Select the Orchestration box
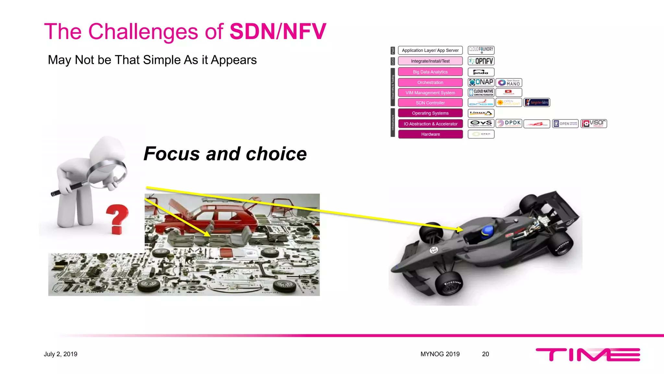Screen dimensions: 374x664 [x=430, y=82]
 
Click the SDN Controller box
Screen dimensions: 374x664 [x=430, y=103]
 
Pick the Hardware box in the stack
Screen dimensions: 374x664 [x=430, y=134]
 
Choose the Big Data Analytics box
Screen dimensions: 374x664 [x=430, y=72]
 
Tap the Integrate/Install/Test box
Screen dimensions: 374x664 [x=430, y=61]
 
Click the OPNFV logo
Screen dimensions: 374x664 [x=481, y=61]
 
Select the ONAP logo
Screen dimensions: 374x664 [x=481, y=82]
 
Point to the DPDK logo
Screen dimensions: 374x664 [x=509, y=123]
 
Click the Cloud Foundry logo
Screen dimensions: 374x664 [x=481, y=50]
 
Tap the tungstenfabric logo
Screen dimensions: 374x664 [x=537, y=103]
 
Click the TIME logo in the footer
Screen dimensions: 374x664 [x=587, y=355]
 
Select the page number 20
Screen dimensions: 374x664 [x=485, y=354]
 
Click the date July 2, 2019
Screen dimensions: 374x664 [x=61, y=354]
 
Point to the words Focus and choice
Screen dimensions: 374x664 [x=225, y=154]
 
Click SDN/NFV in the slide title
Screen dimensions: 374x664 [x=278, y=31]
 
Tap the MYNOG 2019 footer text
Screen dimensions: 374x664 [x=440, y=354]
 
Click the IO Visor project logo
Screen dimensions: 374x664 [x=594, y=124]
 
